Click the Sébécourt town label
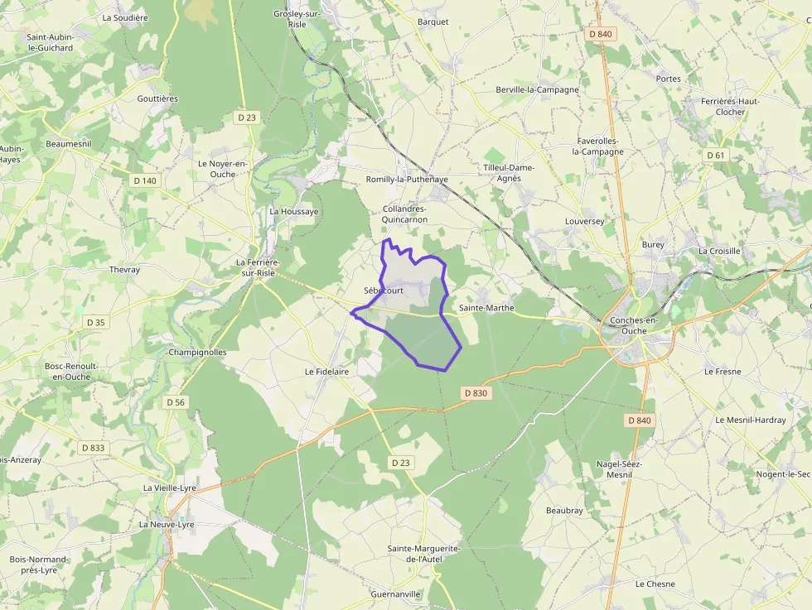[384, 291]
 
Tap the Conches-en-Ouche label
[639, 325]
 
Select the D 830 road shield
[476, 393]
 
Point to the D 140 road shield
[144, 180]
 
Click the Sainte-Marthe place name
[486, 308]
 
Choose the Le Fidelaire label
[326, 372]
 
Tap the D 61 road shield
[716, 156]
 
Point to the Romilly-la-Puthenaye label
[407, 179]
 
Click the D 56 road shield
[176, 402]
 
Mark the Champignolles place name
[197, 352]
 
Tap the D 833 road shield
[94, 448]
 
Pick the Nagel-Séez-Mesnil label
[620, 469]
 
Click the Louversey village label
[585, 222]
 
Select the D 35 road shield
[95, 322]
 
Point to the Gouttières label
[157, 98]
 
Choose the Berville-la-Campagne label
[537, 89]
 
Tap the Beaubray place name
[564, 511]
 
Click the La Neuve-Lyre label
[167, 525]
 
